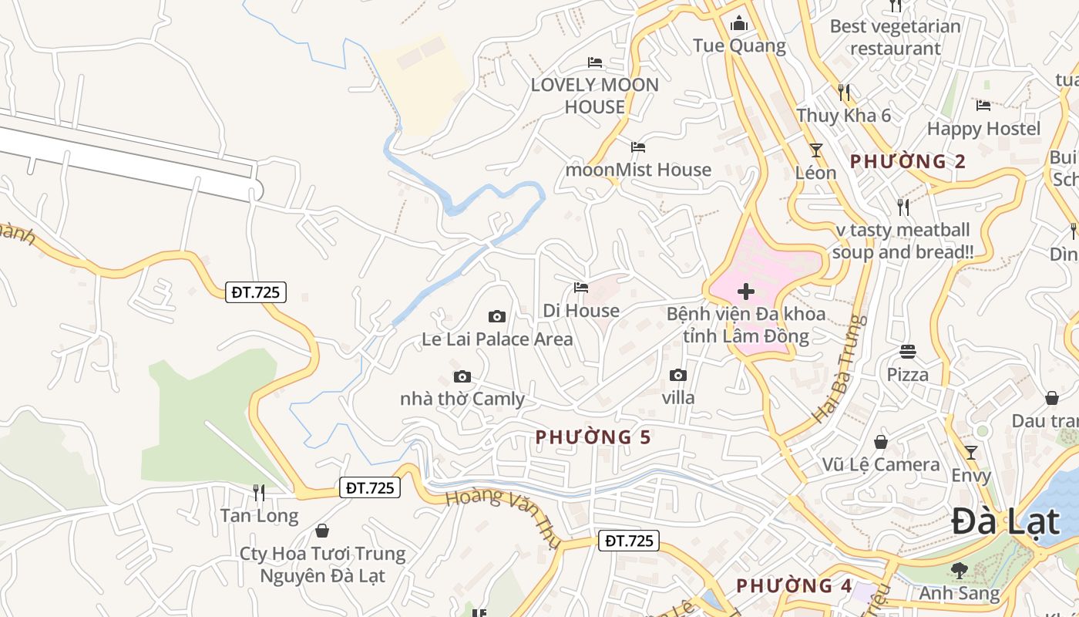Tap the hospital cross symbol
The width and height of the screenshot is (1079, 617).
click(746, 292)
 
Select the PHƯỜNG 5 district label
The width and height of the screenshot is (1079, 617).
click(593, 437)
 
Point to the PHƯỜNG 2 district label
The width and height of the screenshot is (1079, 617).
click(908, 161)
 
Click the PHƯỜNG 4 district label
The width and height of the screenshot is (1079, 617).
click(794, 585)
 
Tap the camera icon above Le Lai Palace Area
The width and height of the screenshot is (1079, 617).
click(497, 316)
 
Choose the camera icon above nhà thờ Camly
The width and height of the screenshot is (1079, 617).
click(462, 376)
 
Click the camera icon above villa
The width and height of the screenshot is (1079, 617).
click(678, 375)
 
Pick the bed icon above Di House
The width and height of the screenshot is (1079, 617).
click(581, 288)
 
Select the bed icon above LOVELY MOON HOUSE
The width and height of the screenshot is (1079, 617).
click(595, 62)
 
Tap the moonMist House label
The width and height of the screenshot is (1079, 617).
click(638, 170)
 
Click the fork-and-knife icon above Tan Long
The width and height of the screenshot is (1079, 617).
click(259, 492)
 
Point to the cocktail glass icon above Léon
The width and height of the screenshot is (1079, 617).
click(815, 150)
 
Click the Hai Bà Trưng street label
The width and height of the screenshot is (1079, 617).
click(839, 369)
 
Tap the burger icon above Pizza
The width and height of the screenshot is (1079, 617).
click(908, 352)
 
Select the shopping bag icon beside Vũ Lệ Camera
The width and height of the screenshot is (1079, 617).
click(881, 442)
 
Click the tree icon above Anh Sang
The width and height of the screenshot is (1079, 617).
click(960, 570)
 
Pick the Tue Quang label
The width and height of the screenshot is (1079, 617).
click(739, 46)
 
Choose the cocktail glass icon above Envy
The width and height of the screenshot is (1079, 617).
click(971, 452)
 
